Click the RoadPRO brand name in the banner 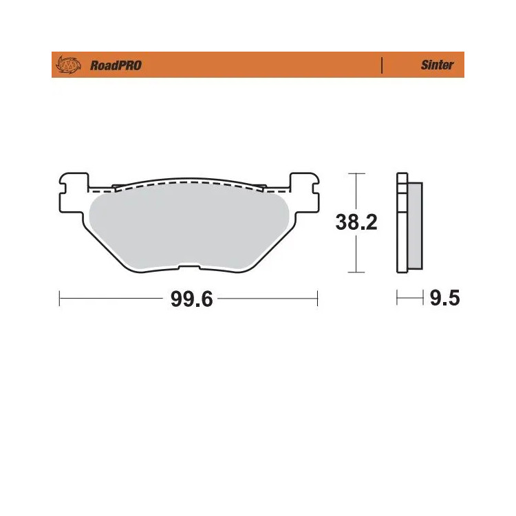[x=116, y=65]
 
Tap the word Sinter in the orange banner [x=437, y=65]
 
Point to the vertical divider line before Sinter [x=381, y=65]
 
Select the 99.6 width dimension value [x=189, y=299]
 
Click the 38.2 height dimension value [x=356, y=222]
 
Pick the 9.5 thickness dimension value [x=444, y=299]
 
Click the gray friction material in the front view [x=189, y=227]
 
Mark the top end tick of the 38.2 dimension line [x=355, y=173]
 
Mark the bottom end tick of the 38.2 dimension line [x=355, y=272]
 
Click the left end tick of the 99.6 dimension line [x=61, y=299]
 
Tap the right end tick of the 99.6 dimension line [x=317, y=299]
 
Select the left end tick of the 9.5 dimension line [x=398, y=299]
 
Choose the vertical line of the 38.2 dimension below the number [x=355, y=255]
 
